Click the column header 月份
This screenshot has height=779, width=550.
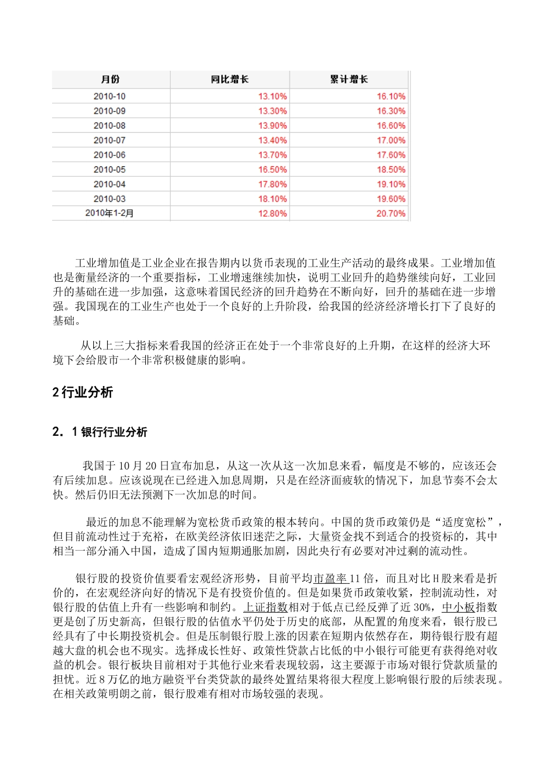coord(110,79)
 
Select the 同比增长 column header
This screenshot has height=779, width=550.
coord(229,79)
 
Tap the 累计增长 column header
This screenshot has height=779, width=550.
coord(349,79)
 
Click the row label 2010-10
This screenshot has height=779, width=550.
coord(109,96)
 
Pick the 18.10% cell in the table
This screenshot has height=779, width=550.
coord(272,199)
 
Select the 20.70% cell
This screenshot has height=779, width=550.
coord(391,213)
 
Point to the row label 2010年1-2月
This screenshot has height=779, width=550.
coord(109,213)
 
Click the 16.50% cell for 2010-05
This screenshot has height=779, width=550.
coord(272,169)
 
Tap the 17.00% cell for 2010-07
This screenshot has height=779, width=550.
coord(391,140)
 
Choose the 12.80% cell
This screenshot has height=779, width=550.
coord(272,213)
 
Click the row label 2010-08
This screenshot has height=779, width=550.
coord(109,126)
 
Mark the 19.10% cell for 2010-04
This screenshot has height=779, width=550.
coord(391,184)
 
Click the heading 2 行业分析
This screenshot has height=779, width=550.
coord(83,392)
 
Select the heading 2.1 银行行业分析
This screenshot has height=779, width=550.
coord(100,432)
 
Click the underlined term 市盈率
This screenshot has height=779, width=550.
coord(331,578)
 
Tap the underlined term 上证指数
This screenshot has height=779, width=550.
coord(265,607)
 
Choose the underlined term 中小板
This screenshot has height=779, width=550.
coord(458,607)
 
